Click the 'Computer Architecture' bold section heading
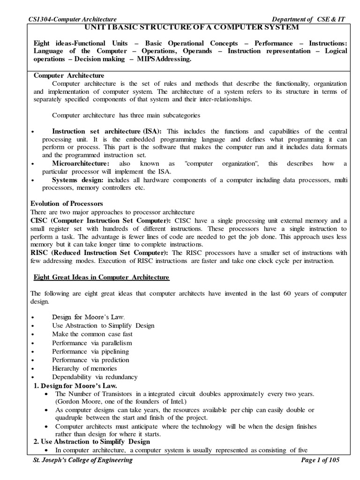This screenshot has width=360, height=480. (69, 76)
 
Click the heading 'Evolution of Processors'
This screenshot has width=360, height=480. (67, 204)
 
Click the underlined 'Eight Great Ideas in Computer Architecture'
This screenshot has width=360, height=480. (101, 277)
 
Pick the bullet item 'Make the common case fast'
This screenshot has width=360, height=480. (92, 334)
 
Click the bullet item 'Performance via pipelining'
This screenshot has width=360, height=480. (90, 351)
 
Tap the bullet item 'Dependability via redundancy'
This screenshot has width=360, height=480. (95, 377)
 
